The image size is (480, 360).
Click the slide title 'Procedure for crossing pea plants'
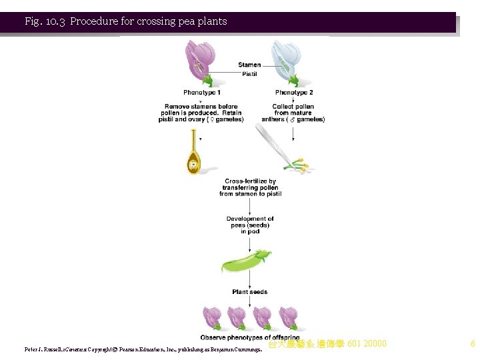pos(148,21)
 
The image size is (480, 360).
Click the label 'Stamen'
pos(249,65)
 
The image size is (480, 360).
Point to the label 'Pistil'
pos(249,74)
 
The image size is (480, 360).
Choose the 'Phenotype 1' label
pos(201,93)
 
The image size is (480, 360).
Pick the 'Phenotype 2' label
pos(293,93)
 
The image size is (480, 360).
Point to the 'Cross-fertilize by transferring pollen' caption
pos(250,187)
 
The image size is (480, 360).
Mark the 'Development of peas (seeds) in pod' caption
pos(250,225)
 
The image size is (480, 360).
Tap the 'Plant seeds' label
pos(250,292)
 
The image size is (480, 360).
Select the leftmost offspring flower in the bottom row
pos(212,317)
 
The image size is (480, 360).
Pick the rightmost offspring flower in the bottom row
pos(288,317)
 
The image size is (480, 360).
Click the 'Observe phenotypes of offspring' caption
pos(250,338)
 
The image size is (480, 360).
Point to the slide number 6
pos(473,344)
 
